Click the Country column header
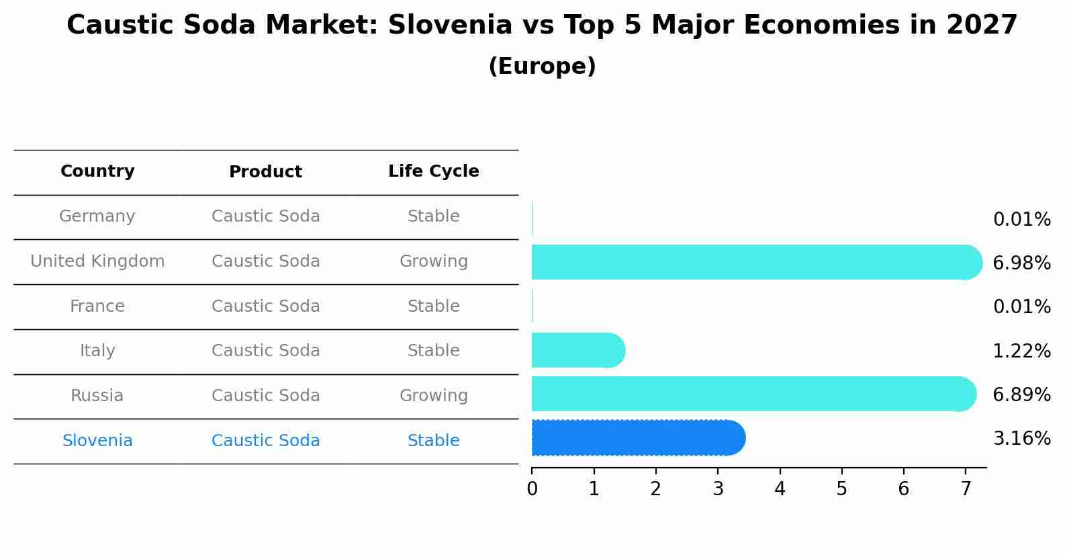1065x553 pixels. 97,171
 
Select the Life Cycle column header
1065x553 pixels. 433,171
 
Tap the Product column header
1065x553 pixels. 265,172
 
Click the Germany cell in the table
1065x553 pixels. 97,216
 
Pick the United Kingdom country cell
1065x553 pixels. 97,261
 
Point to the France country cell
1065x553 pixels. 97,306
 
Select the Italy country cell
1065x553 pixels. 97,351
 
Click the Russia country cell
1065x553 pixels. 97,396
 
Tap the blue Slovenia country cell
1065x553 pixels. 97,441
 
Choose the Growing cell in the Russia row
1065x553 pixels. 433,396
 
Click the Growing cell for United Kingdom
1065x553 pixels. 433,261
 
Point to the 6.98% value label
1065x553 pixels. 1021,263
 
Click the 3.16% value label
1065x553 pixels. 1021,439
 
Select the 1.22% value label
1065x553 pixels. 1021,351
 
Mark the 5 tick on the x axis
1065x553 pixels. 841,489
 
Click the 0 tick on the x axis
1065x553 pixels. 532,489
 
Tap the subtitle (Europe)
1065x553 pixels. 542,67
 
